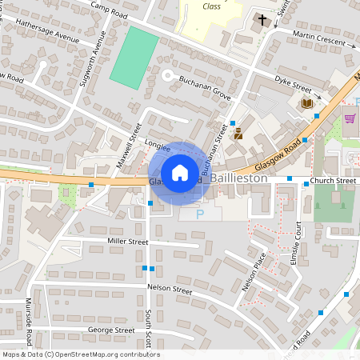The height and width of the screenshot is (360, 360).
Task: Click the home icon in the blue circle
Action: pyautogui.click(x=180, y=172)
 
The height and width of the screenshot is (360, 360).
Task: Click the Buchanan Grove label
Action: pyautogui.click(x=205, y=88)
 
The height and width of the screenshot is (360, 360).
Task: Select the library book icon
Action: pyautogui.click(x=307, y=103)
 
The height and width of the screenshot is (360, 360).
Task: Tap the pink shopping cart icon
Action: pyautogui.click(x=350, y=119)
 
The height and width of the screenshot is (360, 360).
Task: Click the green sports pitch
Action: pyautogui.click(x=134, y=58)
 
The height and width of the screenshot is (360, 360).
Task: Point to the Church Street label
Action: pyautogui.click(x=334, y=181)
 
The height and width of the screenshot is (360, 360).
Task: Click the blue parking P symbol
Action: pyautogui.click(x=200, y=214)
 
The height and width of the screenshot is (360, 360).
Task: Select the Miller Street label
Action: pyautogui.click(x=127, y=241)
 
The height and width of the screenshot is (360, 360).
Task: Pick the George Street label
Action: pyautogui.click(x=111, y=330)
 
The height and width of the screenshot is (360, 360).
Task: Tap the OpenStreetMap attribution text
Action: pyautogui.click(x=81, y=354)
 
